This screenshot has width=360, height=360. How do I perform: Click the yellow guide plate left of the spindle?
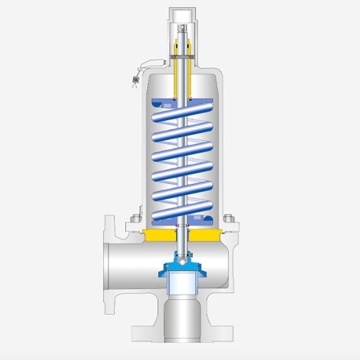[158, 235]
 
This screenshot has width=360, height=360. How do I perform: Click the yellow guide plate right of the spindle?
[204, 235]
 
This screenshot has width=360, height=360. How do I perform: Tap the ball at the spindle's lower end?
[181, 259]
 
